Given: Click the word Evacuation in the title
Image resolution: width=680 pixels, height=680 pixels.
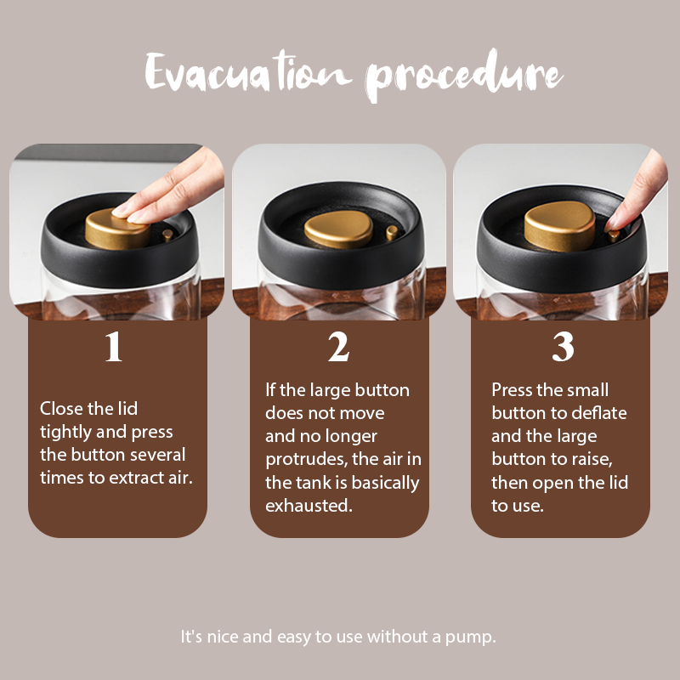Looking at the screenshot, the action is click(248, 71).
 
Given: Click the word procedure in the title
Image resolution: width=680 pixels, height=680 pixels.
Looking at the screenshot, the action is click(464, 75).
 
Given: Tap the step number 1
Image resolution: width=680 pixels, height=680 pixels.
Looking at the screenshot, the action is click(114, 346).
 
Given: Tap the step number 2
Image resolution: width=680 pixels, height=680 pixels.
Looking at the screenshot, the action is click(338, 346).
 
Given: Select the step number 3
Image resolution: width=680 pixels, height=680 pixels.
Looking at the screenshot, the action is click(563, 346).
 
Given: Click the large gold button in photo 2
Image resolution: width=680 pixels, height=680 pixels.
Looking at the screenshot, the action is click(338, 229).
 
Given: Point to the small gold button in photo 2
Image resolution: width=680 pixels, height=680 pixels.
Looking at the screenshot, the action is click(392, 232).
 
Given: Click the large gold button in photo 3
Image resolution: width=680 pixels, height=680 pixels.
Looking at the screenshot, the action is click(559, 225).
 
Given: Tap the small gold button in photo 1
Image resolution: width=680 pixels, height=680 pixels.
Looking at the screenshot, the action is click(167, 235).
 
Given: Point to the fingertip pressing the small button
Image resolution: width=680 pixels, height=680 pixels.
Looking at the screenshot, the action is click(612, 224).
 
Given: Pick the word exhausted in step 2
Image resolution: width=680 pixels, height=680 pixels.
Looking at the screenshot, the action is click(309, 505).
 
